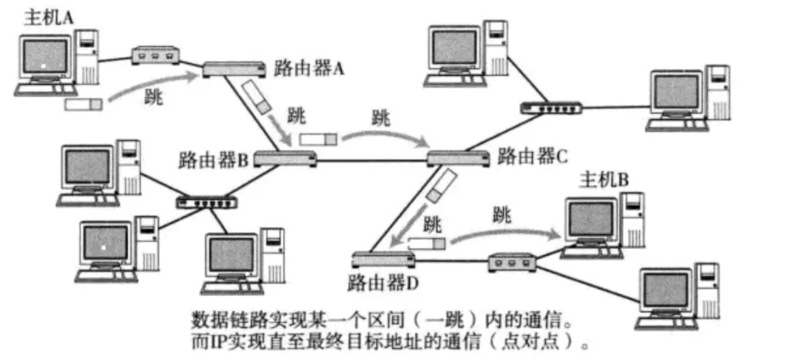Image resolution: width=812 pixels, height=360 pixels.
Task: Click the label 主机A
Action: (x=48, y=17)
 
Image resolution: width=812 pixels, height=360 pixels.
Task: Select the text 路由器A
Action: (x=309, y=69)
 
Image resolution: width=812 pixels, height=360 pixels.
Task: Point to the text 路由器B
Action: (x=214, y=158)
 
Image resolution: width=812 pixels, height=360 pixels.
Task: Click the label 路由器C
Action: (x=532, y=156)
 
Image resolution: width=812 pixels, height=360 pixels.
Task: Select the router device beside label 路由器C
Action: (x=458, y=158)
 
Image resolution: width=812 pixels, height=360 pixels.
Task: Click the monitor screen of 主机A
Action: (x=44, y=57)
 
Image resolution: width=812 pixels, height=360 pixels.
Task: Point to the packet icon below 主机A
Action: (x=83, y=105)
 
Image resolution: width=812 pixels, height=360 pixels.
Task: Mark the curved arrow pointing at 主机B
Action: (x=506, y=232)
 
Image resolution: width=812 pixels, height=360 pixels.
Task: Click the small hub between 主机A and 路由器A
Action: (x=156, y=56)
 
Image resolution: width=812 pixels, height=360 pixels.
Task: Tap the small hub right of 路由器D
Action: (x=512, y=262)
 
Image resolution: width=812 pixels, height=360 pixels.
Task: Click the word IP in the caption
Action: (x=211, y=342)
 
